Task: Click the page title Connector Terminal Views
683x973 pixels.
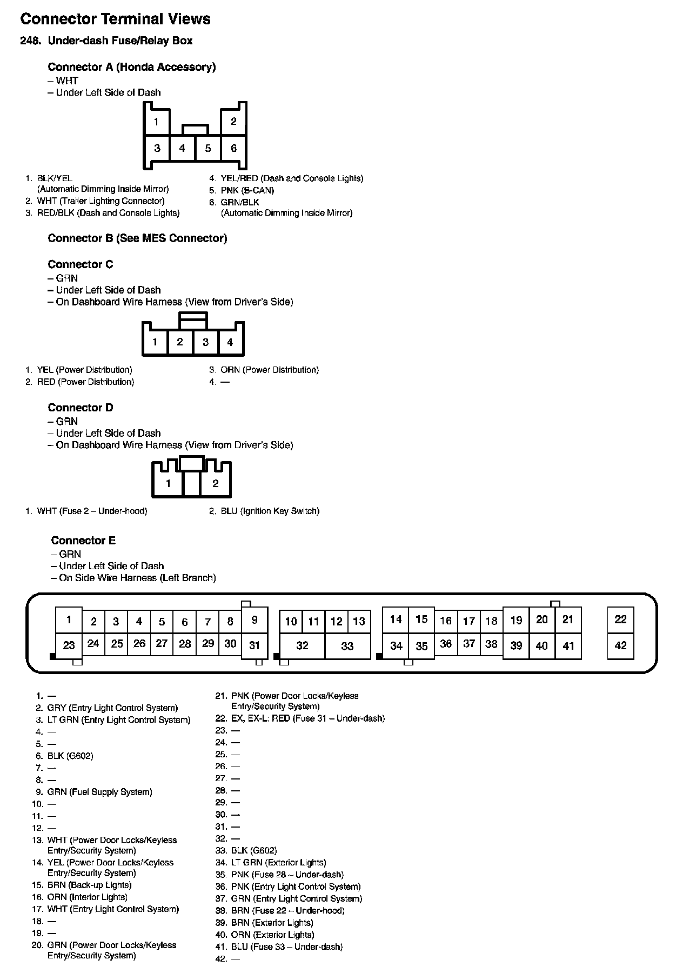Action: tap(115, 19)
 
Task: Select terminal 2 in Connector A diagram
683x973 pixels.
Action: tap(233, 122)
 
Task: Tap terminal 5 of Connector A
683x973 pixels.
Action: tap(208, 148)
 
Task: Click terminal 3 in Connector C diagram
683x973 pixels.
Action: tap(205, 342)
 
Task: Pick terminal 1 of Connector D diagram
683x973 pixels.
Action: tap(169, 483)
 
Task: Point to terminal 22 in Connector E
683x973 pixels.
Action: tap(620, 619)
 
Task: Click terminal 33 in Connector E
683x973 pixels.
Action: tap(347, 646)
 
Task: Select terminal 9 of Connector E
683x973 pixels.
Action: tap(255, 620)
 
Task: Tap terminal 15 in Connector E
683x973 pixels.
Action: tap(421, 619)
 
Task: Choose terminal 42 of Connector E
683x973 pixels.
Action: tap(620, 645)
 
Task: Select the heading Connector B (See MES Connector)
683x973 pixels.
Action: tap(137, 238)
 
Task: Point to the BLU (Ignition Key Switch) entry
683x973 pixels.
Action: tap(269, 511)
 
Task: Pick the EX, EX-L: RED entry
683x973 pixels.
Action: tap(307, 718)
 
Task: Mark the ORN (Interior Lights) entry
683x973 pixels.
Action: tap(87, 897)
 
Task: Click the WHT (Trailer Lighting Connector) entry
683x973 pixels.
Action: tap(101, 201)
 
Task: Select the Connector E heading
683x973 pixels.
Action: tap(83, 541)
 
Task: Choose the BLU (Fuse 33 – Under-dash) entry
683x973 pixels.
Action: tap(286, 947)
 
